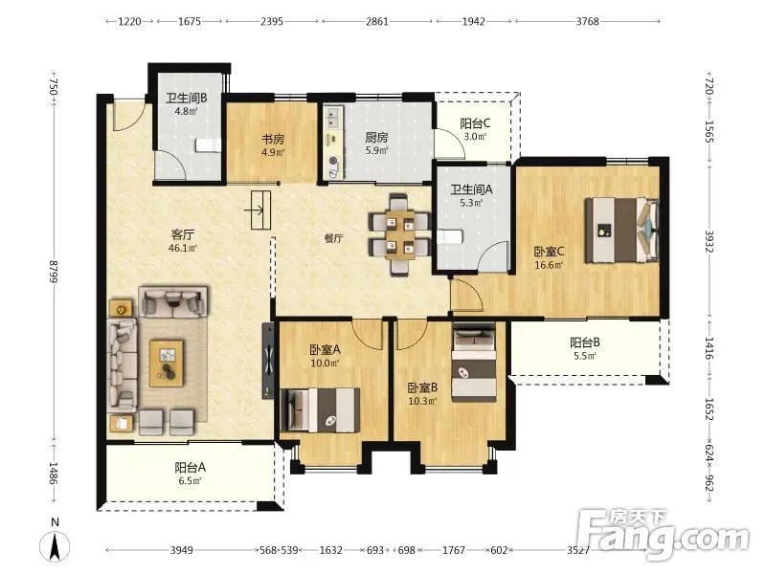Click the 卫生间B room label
[x=186, y=99]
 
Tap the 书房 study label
[x=273, y=139]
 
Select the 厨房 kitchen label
[x=376, y=138]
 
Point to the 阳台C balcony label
[x=475, y=123]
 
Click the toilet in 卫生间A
[x=450, y=237]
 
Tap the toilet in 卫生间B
[x=209, y=145]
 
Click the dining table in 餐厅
[x=399, y=234]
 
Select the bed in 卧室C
[x=621, y=231]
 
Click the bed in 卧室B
[x=474, y=363]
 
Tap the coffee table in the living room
[x=167, y=364]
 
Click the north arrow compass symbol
[x=56, y=545]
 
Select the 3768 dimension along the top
[x=587, y=21]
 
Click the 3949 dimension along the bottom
[x=181, y=550]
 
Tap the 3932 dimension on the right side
[x=710, y=242]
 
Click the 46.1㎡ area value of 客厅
[x=183, y=248]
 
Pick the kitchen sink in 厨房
[x=334, y=118]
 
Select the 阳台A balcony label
[x=190, y=468]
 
